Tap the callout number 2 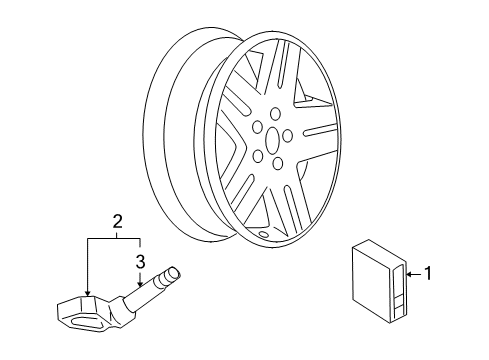coord(116,222)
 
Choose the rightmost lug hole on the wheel coord(288,136)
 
